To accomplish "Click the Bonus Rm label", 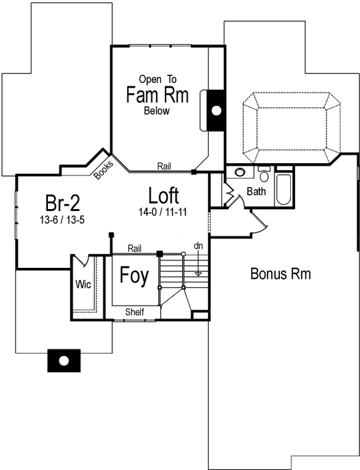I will (281, 274).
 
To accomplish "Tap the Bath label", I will (257, 192).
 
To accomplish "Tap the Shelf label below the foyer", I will (134, 312).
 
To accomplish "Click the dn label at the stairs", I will (198, 245).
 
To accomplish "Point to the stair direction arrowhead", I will (198, 273).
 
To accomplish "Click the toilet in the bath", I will (264, 172).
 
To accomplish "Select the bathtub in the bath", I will (283, 188).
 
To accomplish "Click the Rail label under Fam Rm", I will (164, 166).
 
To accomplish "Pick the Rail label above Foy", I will (134, 248).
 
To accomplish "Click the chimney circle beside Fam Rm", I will (216, 110).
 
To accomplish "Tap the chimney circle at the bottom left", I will (64, 360).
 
